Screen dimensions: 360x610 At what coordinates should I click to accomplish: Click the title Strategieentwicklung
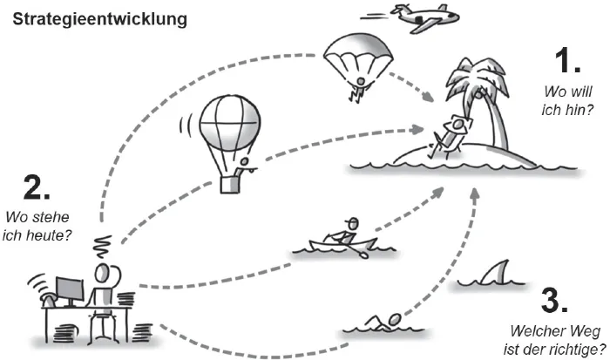coord(98,18)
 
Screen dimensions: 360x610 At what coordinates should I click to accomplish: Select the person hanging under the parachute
coord(357,86)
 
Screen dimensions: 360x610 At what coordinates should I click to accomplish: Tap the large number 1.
coord(567,62)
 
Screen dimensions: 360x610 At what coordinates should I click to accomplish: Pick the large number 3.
coord(555,301)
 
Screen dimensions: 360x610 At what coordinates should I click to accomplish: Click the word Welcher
coord(534,331)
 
